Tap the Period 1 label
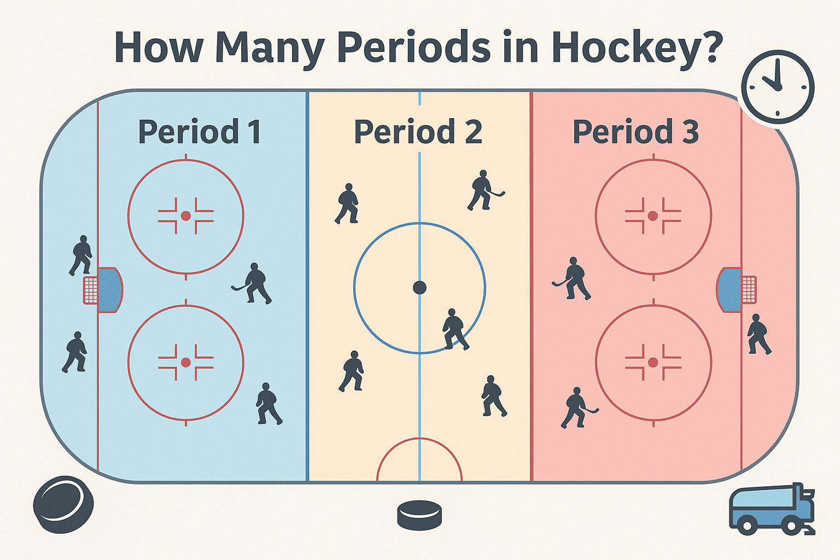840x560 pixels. pyautogui.click(x=199, y=132)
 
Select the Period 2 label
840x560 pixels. pyautogui.click(x=418, y=132)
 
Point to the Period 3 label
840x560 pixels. pyautogui.click(x=635, y=132)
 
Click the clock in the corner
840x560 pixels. pyautogui.click(x=777, y=86)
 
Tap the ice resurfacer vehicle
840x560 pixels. pyautogui.click(x=772, y=510)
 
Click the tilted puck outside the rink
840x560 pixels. pyautogui.click(x=63, y=504)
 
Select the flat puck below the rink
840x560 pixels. pyautogui.click(x=419, y=515)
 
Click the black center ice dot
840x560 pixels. pyautogui.click(x=419, y=288)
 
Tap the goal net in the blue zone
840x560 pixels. pyautogui.click(x=91, y=290)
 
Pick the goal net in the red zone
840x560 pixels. pyautogui.click(x=749, y=290)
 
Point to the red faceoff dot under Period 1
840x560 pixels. pyautogui.click(x=186, y=216)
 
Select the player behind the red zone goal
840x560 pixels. pyautogui.click(x=759, y=334)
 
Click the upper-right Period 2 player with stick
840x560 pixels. pyautogui.click(x=483, y=190)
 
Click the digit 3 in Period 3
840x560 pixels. pyautogui.click(x=690, y=132)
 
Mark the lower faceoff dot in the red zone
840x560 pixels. pyautogui.click(x=652, y=362)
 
